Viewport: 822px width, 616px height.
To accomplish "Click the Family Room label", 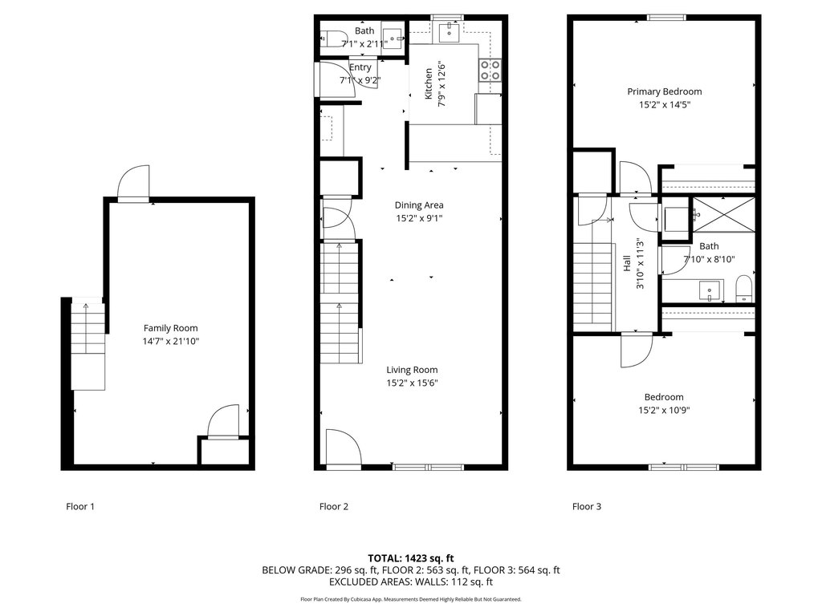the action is [x=171, y=328].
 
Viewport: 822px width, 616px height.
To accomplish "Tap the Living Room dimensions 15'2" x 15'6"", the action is [x=412, y=383].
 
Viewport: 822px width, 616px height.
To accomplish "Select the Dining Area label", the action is [x=419, y=205].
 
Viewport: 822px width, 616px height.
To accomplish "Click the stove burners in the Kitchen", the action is [x=490, y=71].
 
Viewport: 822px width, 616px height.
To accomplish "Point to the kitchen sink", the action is [x=449, y=31].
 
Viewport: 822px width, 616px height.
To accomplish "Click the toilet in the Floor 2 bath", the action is [x=331, y=39].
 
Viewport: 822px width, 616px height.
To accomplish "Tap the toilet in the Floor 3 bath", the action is [x=744, y=289].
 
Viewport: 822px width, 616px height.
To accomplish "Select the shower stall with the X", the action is [x=724, y=215].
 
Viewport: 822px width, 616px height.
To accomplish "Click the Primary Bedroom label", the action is [x=664, y=91].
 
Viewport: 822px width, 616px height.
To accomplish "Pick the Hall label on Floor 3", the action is [x=627, y=263].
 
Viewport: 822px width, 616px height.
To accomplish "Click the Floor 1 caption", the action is [x=80, y=507].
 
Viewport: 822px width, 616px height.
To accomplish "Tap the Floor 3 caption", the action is [x=587, y=507].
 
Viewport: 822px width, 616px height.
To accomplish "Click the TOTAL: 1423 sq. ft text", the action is [x=410, y=558].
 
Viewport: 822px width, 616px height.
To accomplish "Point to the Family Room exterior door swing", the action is [x=134, y=184].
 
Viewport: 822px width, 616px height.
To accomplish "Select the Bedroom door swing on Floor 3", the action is [x=637, y=350].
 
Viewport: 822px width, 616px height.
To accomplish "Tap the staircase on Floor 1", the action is [x=88, y=346].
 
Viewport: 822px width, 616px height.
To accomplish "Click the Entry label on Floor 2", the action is [x=360, y=67].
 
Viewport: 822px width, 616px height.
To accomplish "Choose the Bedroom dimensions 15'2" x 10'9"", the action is [x=664, y=410].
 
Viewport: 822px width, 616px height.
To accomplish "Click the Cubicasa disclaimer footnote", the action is [x=410, y=599].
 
